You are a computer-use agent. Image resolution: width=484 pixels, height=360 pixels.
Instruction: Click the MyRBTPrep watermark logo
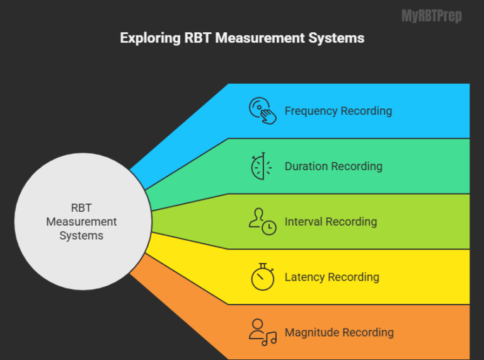click(x=431, y=16)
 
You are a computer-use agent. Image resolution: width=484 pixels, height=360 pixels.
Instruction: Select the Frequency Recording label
click(x=338, y=111)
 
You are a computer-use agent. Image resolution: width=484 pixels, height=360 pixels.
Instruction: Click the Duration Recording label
click(x=333, y=166)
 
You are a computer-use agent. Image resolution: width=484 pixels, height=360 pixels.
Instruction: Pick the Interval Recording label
click(x=330, y=222)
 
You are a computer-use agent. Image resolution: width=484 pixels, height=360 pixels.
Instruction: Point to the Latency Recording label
click(x=331, y=277)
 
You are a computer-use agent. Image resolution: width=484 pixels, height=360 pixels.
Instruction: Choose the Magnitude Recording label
click(x=339, y=332)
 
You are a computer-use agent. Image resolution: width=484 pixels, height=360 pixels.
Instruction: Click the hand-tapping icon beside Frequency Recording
click(x=262, y=110)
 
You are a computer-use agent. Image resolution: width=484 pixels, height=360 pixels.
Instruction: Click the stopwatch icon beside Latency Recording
click(x=263, y=277)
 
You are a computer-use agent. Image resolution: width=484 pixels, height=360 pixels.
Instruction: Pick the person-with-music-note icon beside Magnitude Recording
click(x=262, y=332)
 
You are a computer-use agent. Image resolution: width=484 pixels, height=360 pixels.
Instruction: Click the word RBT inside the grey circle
click(x=82, y=208)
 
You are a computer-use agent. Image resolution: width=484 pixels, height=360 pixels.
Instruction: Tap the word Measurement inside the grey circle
click(x=82, y=222)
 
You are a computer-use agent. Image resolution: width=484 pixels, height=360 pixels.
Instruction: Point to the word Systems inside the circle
click(x=82, y=236)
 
